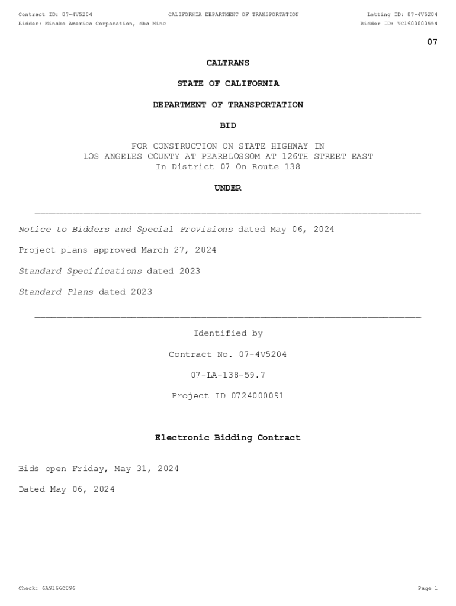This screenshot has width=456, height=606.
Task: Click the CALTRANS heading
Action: pos(228,63)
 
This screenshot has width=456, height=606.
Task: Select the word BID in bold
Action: pos(228,125)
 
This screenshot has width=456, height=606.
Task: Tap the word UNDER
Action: pos(228,188)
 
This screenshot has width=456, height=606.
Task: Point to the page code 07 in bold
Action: pos(432,42)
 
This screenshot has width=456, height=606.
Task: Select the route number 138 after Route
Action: pos(292,167)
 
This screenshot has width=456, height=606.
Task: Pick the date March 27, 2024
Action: pos(178,250)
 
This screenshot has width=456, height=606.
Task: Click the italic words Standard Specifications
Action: pos(80,271)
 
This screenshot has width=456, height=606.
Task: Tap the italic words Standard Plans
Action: pos(56,292)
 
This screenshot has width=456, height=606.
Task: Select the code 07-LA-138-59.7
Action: pos(228,375)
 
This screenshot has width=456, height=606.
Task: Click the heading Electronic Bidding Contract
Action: pos(228,438)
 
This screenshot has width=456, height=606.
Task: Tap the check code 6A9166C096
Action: pos(58,588)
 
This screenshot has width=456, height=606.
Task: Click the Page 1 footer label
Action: pos(427,588)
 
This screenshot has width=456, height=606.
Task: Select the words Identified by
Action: pos(228,334)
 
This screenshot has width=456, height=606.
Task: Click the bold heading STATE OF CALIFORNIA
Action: pos(228,84)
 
